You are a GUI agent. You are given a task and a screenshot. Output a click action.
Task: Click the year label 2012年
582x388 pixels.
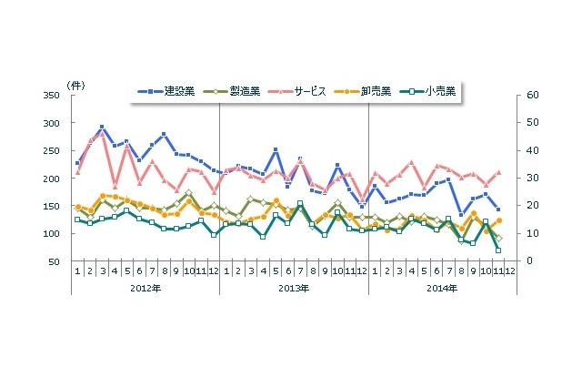145,288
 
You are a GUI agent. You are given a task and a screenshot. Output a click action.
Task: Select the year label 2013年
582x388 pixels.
294,288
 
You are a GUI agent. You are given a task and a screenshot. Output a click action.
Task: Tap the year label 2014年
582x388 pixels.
443,288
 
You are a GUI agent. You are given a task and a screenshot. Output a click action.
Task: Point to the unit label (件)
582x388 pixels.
75,85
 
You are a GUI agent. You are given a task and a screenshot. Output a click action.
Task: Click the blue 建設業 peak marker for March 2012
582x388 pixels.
102,128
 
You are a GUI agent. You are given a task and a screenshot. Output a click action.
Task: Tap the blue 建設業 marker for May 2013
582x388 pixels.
276,149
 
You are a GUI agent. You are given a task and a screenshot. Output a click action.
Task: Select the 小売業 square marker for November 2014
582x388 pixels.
497,250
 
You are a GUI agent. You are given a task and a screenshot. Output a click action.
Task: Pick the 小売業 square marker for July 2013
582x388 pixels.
300,204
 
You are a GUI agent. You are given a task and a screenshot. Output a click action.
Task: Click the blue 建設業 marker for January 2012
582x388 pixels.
77,163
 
